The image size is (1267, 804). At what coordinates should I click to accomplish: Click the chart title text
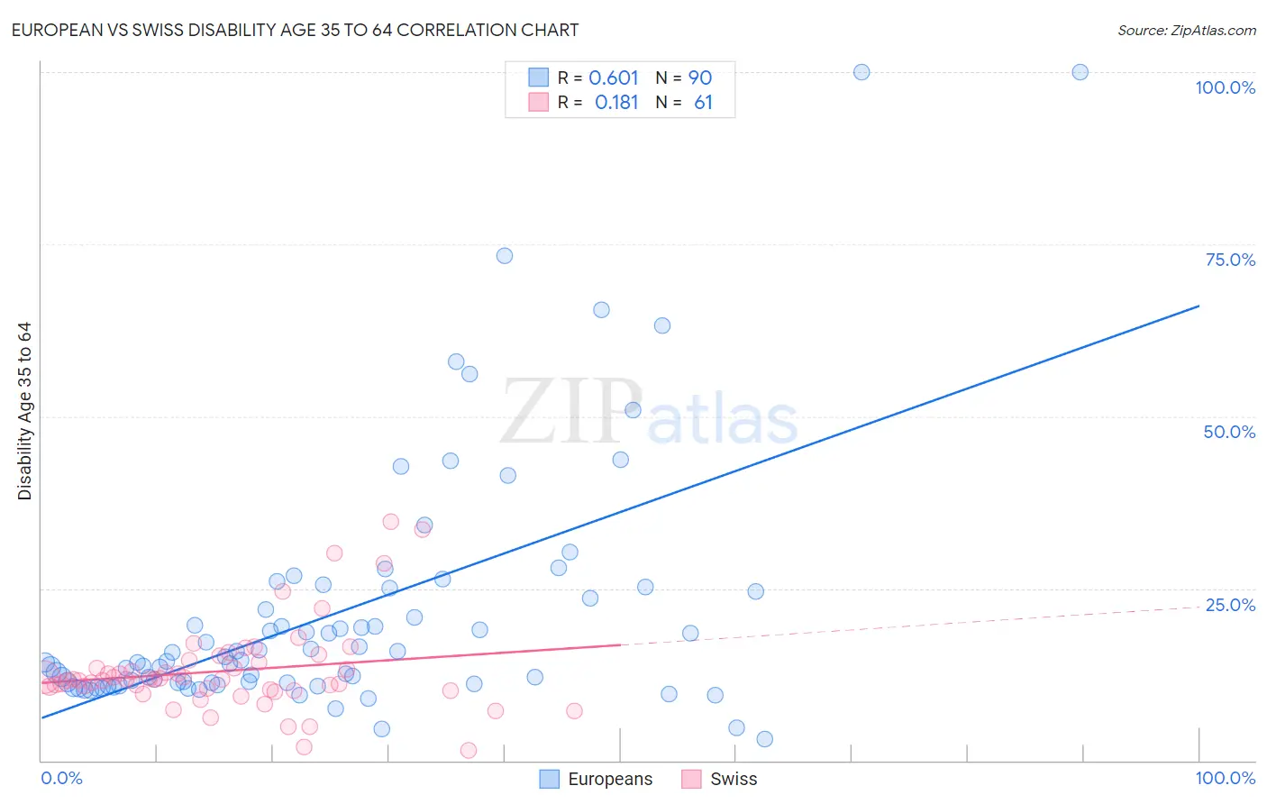pyautogui.click(x=295, y=30)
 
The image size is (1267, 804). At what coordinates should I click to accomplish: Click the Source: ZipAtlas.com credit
pyautogui.click(x=1186, y=30)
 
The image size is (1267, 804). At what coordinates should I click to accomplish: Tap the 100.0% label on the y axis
pyautogui.click(x=1225, y=87)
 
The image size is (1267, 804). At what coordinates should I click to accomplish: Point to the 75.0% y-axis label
pyautogui.click(x=1230, y=260)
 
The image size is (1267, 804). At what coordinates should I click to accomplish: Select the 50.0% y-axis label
pyautogui.click(x=1229, y=432)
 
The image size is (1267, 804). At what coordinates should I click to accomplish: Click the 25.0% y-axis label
pyautogui.click(x=1230, y=605)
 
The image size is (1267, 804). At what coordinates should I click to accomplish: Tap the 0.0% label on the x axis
pyautogui.click(x=62, y=778)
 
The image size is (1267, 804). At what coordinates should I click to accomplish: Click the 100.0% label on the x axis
pyautogui.click(x=1225, y=778)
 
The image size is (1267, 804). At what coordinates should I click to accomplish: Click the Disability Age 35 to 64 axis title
pyautogui.click(x=24, y=411)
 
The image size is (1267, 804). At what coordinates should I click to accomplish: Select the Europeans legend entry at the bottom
pyautogui.click(x=597, y=779)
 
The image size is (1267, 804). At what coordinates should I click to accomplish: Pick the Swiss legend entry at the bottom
pyautogui.click(x=720, y=779)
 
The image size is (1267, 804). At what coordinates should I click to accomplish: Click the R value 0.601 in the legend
pyautogui.click(x=614, y=78)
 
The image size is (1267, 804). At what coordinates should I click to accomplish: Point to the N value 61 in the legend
pyautogui.click(x=703, y=103)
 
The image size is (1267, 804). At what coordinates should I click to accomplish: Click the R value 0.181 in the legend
pyautogui.click(x=616, y=103)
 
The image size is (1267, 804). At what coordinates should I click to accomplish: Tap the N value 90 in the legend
pyautogui.click(x=700, y=78)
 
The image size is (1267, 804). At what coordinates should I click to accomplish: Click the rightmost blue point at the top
pyautogui.click(x=1080, y=72)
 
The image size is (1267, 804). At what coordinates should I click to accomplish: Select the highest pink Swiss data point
pyautogui.click(x=390, y=522)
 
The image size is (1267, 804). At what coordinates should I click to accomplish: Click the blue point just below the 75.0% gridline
pyautogui.click(x=505, y=256)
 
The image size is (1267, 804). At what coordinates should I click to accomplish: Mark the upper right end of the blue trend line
pyautogui.click(x=1199, y=306)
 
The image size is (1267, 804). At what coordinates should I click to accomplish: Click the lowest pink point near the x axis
pyautogui.click(x=469, y=750)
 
